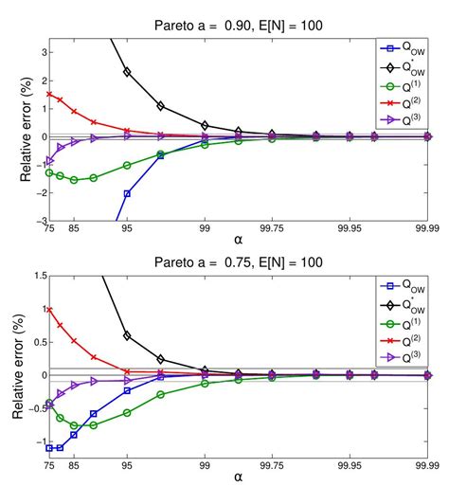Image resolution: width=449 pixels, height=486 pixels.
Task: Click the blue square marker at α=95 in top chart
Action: tap(127, 193)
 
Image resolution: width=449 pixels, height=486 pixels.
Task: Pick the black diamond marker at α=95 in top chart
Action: tap(127, 72)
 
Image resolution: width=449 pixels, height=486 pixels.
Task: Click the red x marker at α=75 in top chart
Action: tap(49, 94)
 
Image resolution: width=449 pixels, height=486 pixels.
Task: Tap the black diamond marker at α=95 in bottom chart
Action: tap(127, 335)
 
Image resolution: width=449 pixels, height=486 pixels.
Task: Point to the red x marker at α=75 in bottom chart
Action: tap(49, 309)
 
